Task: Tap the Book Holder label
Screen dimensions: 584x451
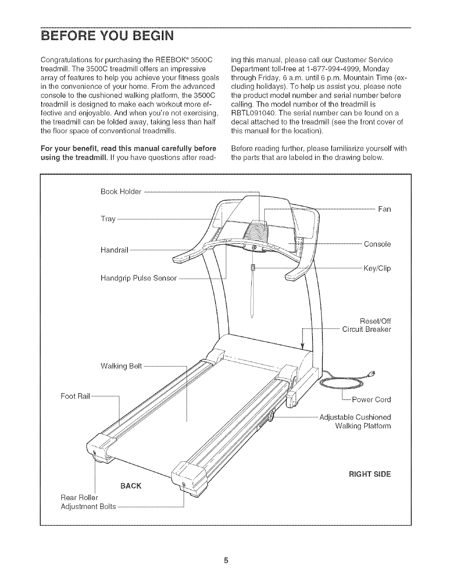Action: coord(121,192)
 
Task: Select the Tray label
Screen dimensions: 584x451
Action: coord(108,219)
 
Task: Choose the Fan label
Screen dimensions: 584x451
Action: coord(384,209)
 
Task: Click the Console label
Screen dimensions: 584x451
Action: coord(377,244)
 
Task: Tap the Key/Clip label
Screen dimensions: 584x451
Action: coord(377,268)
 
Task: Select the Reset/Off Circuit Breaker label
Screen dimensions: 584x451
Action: coord(366,324)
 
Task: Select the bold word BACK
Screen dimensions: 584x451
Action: coord(131,485)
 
